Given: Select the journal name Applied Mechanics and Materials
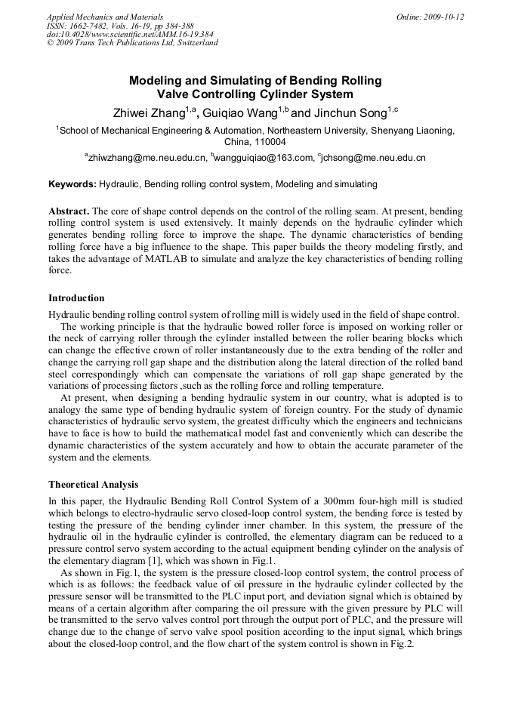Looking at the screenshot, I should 105,17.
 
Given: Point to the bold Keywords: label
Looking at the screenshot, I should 72,184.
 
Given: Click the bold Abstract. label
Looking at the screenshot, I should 69,211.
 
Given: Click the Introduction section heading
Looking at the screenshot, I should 76,298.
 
